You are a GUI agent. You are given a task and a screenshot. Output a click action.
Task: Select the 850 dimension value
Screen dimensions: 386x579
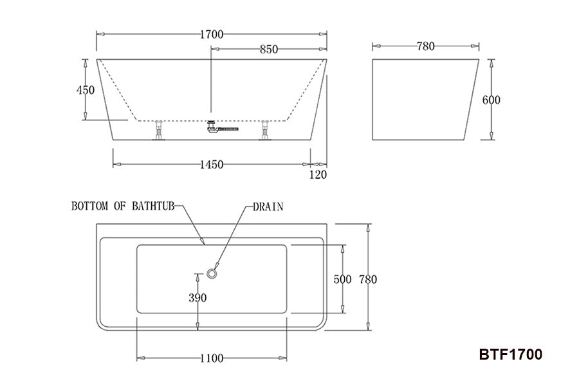(x=269, y=50)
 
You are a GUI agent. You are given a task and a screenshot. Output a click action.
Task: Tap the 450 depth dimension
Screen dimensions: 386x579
(x=86, y=89)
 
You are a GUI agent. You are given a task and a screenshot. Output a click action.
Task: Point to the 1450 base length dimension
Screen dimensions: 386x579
(x=210, y=164)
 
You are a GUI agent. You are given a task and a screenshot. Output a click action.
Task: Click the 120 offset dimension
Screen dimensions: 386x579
(x=318, y=174)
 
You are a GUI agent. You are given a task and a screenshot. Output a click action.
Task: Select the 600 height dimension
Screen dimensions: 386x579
(x=491, y=100)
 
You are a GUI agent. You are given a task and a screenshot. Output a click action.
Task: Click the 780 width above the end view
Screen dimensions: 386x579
(x=426, y=46)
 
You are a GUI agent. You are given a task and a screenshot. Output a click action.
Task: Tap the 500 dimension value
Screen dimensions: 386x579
(x=343, y=279)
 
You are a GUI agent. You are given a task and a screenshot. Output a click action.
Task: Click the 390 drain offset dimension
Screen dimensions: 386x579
(x=198, y=297)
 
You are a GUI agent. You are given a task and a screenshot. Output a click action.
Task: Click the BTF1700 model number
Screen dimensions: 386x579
(x=511, y=354)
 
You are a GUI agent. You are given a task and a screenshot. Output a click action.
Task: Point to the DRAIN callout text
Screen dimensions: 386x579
(x=268, y=207)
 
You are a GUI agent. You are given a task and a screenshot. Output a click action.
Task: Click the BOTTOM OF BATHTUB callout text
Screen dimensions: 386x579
(x=122, y=207)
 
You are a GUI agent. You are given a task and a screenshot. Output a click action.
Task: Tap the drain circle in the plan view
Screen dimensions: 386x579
(x=212, y=274)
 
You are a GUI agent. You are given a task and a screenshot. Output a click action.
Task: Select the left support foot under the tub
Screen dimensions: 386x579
(x=158, y=131)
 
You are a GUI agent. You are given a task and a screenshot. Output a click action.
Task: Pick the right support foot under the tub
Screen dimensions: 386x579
(x=264, y=131)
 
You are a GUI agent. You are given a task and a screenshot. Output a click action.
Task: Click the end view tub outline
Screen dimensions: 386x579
(x=427, y=100)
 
